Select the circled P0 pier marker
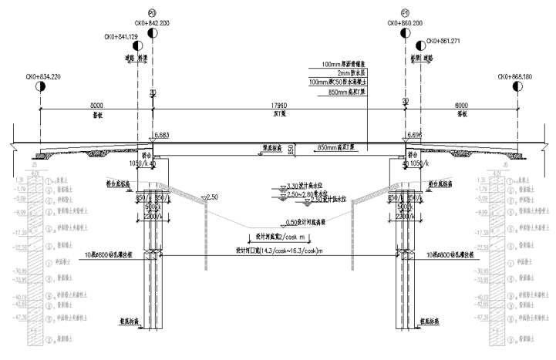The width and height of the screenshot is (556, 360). click(x=153, y=13)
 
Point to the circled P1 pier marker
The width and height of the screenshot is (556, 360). click(x=406, y=13)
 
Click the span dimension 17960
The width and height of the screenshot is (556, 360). click(x=279, y=106)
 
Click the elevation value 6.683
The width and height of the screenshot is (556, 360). click(x=162, y=135)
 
